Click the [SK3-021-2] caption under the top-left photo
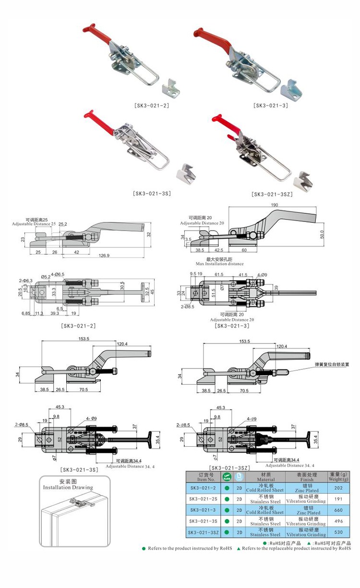(151, 104)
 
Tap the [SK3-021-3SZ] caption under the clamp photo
(271, 195)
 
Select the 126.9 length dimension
(103, 255)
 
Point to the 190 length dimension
(274, 205)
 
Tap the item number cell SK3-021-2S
(203, 499)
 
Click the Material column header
(265, 477)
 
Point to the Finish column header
(306, 477)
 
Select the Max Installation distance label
(219, 264)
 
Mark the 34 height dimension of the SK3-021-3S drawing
(18, 375)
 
